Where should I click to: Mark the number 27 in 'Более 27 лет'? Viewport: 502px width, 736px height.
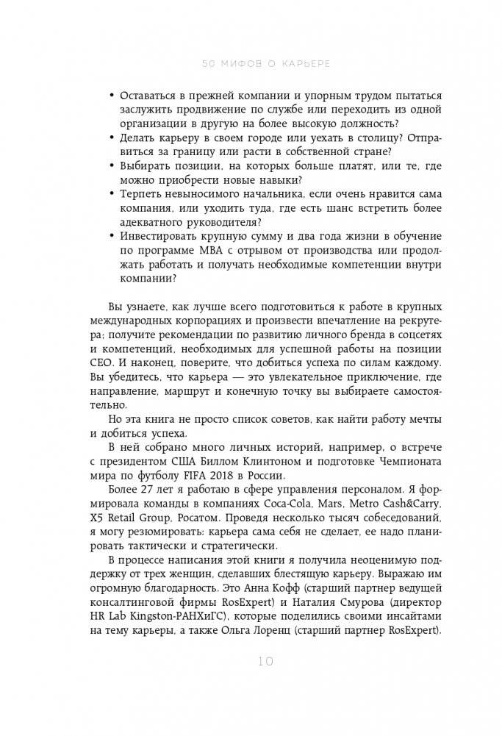pyautogui.click(x=148, y=492)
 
